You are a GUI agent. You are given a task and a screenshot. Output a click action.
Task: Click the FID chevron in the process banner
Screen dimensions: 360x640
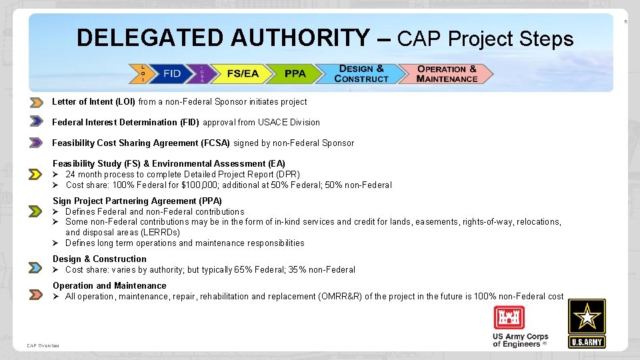tap(171, 73)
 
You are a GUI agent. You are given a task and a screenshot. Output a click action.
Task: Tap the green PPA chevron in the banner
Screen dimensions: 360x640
tap(295, 73)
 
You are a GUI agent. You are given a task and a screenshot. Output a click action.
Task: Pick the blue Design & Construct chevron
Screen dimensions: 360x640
tap(361, 73)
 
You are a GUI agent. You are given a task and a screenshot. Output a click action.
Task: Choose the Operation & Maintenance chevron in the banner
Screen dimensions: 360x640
tap(447, 73)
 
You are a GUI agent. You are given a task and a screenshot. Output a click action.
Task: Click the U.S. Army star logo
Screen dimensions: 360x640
tap(587, 323)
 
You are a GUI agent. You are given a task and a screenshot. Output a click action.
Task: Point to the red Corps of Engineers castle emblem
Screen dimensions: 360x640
tap(509, 317)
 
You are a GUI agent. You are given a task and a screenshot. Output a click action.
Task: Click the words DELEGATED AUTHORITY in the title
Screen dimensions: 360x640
tap(222, 38)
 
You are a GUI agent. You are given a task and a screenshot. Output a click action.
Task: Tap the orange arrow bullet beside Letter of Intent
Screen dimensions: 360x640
tap(36, 103)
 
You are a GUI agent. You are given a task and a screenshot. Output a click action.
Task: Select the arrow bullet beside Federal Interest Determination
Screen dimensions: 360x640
tap(36, 122)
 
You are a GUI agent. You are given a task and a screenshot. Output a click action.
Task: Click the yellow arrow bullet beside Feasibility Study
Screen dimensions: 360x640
tap(36, 174)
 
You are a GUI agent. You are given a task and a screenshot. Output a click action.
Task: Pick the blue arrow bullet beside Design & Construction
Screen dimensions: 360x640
tap(36, 267)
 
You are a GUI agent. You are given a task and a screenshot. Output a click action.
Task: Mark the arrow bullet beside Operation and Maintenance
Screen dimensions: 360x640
tap(36, 294)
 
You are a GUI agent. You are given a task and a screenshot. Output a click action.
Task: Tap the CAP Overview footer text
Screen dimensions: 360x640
tap(43, 345)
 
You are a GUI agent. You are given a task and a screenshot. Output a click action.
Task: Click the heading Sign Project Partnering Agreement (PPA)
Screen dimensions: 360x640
tap(137, 201)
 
